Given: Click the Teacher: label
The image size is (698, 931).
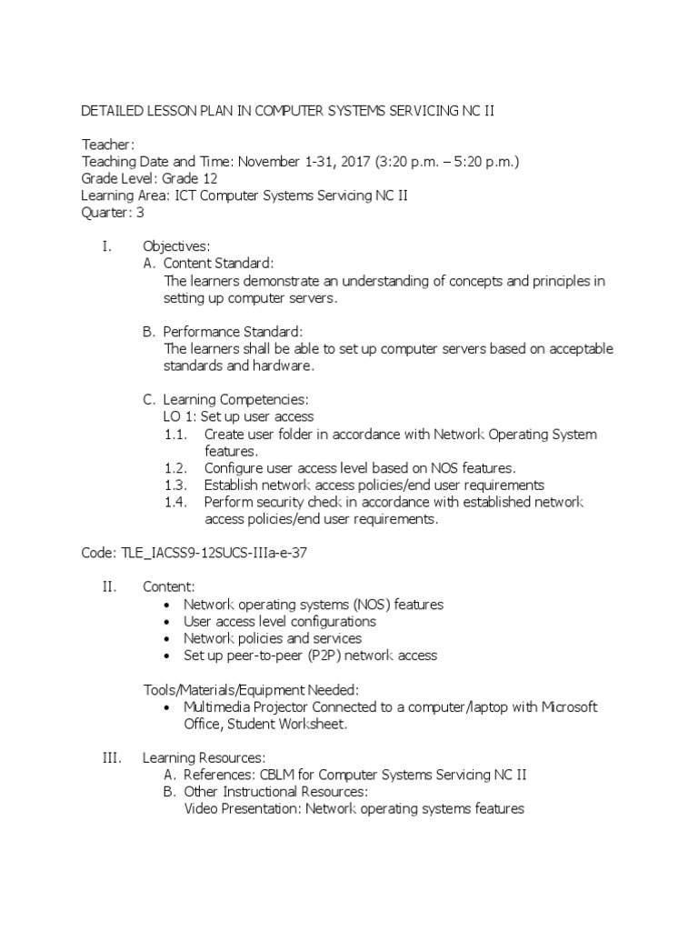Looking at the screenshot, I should click(108, 144).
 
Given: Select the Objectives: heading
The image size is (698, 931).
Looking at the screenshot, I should click(176, 246).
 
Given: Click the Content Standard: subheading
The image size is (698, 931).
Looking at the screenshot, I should click(218, 264).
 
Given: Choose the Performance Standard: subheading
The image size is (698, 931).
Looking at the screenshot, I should click(233, 332).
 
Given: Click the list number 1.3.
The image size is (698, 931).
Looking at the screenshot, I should click(174, 486).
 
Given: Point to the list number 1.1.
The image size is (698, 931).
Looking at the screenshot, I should click(174, 435).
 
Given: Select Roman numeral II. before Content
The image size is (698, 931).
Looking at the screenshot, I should click(110, 587).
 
